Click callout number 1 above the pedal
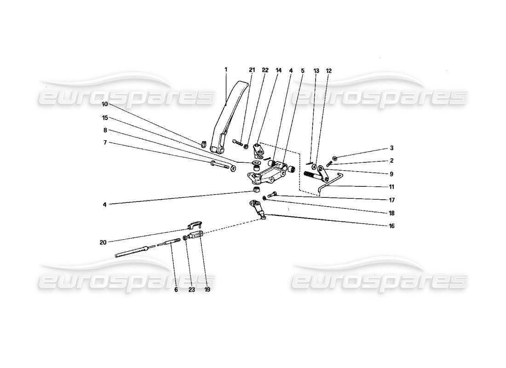(x=226, y=69)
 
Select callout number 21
(x=252, y=70)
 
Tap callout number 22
(x=265, y=70)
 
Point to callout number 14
(x=278, y=70)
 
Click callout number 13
(x=316, y=71)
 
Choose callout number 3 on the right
(x=391, y=148)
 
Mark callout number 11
(x=391, y=187)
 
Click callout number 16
(x=391, y=226)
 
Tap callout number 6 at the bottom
(x=176, y=290)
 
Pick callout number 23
(x=191, y=290)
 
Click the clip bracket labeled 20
(x=195, y=225)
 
